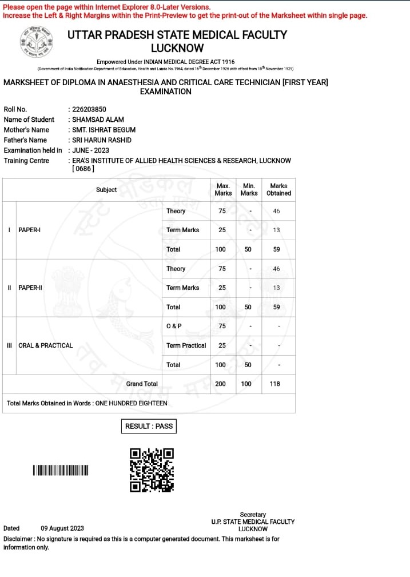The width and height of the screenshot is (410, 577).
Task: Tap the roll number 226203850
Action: click(89, 109)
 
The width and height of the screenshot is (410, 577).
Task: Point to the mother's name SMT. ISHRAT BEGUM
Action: click(104, 130)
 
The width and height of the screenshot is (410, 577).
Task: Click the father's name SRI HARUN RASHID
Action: click(101, 140)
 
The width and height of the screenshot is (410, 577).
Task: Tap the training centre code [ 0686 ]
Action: click(83, 169)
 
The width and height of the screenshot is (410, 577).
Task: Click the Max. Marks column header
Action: click(223, 189)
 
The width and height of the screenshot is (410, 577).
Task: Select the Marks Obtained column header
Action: click(278, 189)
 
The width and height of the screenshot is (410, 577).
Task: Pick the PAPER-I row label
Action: click(30, 230)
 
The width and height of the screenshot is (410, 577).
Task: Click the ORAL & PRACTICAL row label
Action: click(46, 345)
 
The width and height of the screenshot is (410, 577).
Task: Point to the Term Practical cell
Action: click(186, 345)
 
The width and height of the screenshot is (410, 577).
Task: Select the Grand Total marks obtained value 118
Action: click(275, 384)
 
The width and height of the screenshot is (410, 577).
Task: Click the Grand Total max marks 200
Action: click(220, 384)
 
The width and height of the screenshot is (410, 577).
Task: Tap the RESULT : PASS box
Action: click(149, 426)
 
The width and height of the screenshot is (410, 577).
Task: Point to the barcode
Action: click(61, 471)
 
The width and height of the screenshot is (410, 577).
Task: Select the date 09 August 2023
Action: click(62, 528)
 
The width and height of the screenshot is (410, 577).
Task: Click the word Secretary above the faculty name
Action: click(253, 515)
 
